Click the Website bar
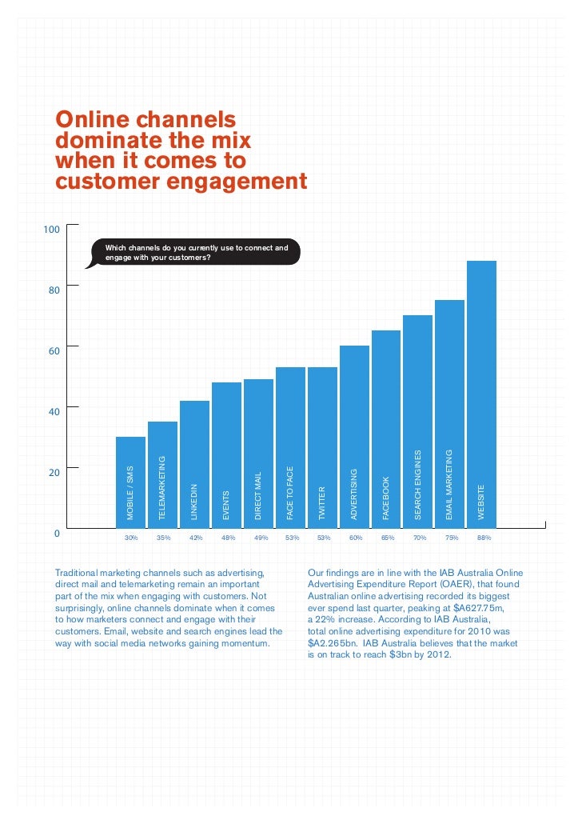[x=481, y=392]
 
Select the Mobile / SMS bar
[x=130, y=480]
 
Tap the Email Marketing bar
[x=449, y=412]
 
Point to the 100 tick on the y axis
[x=51, y=230]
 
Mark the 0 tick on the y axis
[x=57, y=532]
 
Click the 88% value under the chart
[x=484, y=538]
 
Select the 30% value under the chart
[x=131, y=538]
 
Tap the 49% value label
[x=259, y=538]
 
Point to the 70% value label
[x=420, y=538]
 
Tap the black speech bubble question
[x=197, y=253]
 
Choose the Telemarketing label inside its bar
[x=162, y=487]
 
